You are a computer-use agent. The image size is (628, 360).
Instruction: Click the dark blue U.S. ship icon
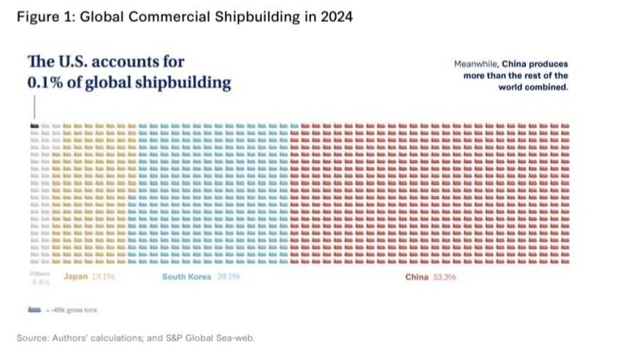(34, 126)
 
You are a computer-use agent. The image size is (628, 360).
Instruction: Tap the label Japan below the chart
(75, 277)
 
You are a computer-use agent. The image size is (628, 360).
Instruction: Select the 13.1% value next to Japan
(103, 277)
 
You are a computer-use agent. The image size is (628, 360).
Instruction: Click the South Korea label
(186, 277)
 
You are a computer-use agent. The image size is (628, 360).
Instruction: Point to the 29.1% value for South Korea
(226, 277)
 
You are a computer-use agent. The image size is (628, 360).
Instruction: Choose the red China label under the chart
(417, 277)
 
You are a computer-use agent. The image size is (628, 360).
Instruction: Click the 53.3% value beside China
(444, 277)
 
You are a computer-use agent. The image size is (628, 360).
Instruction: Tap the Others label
(36, 274)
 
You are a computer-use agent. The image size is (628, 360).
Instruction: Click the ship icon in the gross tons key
(33, 309)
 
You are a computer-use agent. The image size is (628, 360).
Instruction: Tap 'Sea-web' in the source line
(236, 338)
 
